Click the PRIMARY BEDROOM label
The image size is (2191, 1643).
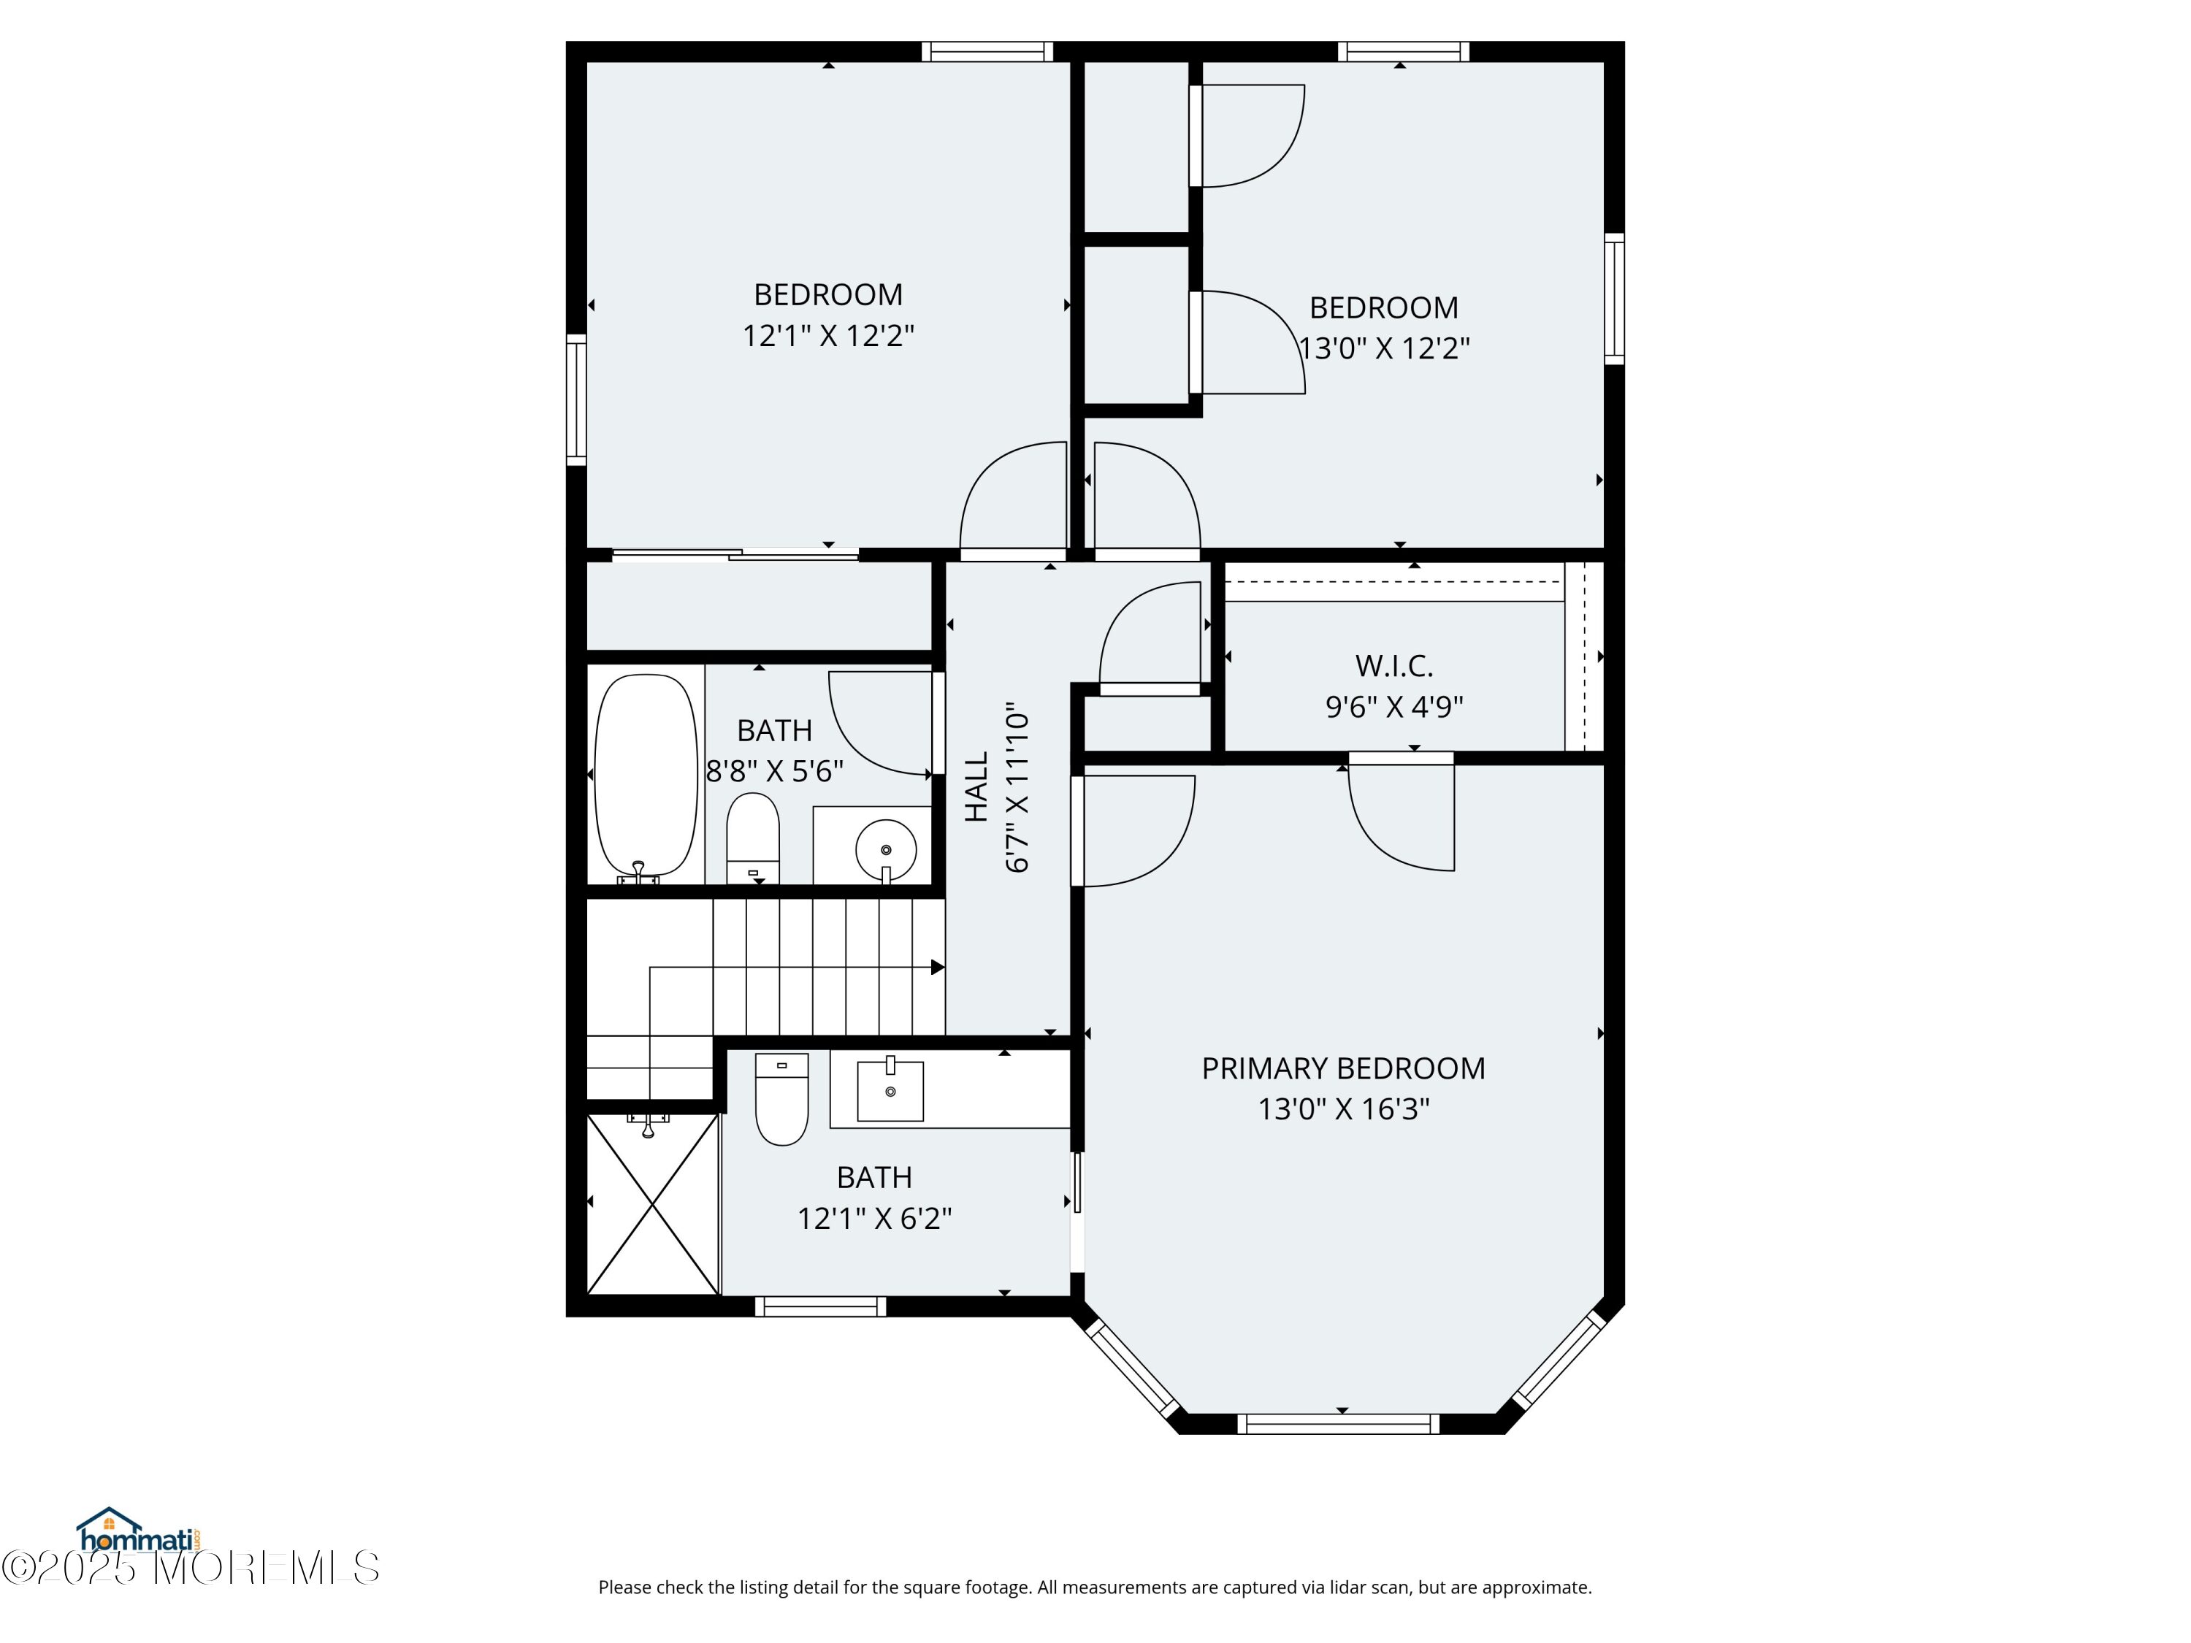point(1343,1068)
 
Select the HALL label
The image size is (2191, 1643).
point(976,787)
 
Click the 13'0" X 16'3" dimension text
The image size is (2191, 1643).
point(1343,1109)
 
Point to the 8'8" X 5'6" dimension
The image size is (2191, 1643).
point(775,770)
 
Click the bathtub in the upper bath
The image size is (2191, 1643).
point(646,778)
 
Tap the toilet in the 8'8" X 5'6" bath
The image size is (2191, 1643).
point(753,838)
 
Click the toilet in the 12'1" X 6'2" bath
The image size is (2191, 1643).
point(781,1099)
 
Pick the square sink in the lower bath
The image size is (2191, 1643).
point(890,1089)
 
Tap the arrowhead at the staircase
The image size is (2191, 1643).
point(938,968)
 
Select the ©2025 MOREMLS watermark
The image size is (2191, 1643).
point(190,1568)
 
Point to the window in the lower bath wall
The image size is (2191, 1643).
point(820,1307)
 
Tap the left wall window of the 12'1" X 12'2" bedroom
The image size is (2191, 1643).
point(576,399)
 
